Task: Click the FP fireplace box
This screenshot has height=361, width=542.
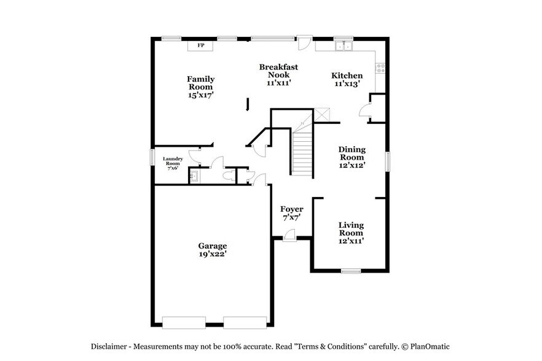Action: tap(200, 45)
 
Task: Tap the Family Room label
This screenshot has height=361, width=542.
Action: tap(201, 87)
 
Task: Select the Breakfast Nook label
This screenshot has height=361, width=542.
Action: tap(278, 74)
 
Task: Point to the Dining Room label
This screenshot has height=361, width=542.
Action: tap(352, 157)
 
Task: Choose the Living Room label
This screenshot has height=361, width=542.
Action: tap(351, 233)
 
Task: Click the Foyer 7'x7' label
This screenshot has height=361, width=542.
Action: tap(292, 213)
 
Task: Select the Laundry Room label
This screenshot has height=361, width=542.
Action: tap(173, 163)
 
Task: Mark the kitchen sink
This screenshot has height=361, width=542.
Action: tap(343, 45)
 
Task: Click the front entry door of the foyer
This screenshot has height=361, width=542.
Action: tap(289, 236)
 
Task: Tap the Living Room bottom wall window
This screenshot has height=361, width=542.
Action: tap(351, 271)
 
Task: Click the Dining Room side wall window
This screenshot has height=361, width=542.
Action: tap(388, 161)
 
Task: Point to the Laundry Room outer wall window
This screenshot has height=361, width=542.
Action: tap(152, 157)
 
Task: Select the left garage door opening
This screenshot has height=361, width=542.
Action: tap(184, 322)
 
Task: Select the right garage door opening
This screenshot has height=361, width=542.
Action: tap(245, 322)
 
